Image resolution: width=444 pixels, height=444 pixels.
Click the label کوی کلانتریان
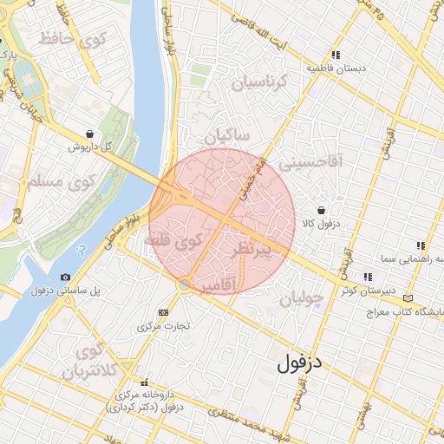tap(92, 361)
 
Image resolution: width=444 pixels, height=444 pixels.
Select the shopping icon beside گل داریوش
tap(91, 134)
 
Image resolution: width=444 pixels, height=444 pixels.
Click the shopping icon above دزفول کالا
tap(322, 210)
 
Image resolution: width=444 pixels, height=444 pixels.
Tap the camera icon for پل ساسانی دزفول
tap(65, 277)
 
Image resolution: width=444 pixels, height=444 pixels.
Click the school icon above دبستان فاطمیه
tap(335, 55)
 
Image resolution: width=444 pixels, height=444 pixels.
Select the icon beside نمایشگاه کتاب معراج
tap(408, 298)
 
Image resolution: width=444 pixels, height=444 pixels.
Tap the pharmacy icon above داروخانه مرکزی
tap(144, 382)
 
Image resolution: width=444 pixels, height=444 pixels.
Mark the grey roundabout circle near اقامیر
tap(185, 284)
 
